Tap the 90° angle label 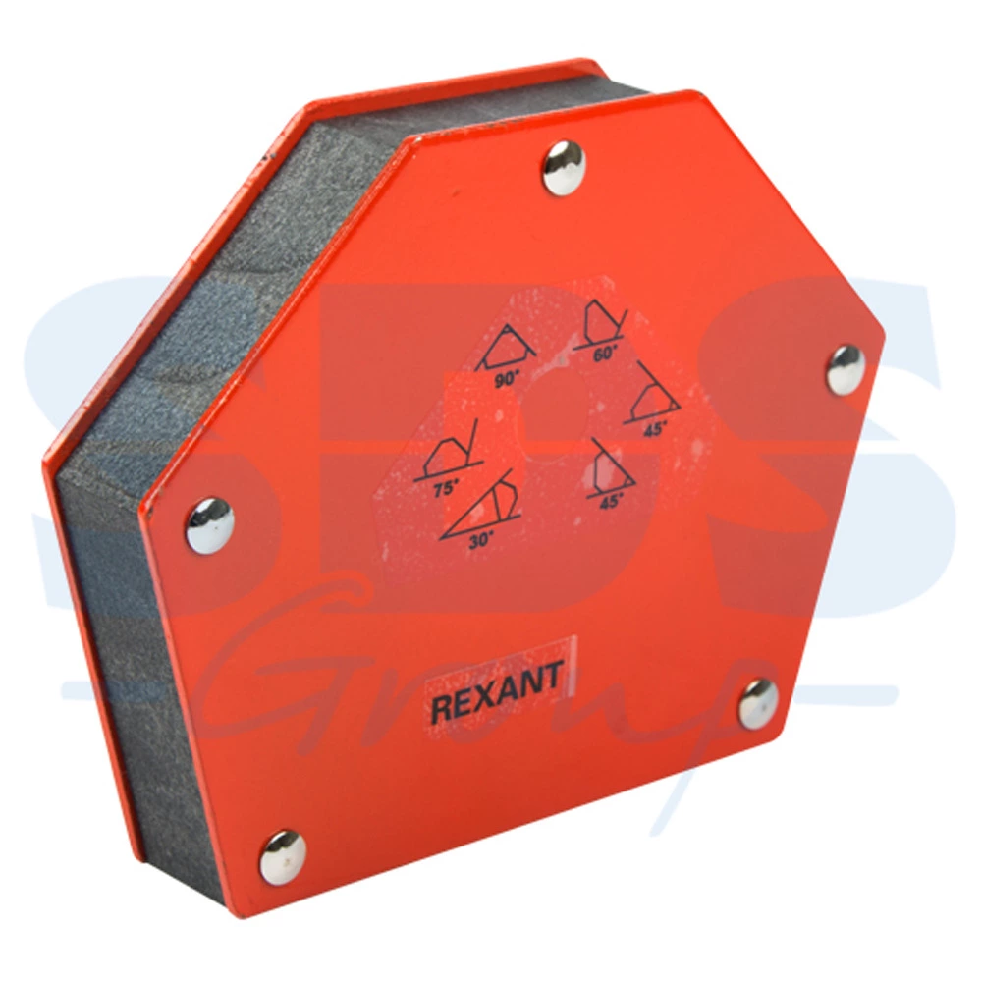(x=507, y=379)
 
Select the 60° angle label (x=604, y=354)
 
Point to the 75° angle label (x=446, y=487)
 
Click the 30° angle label (x=481, y=540)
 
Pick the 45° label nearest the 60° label (x=654, y=430)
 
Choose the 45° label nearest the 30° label (x=611, y=501)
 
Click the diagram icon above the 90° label (x=506, y=348)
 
